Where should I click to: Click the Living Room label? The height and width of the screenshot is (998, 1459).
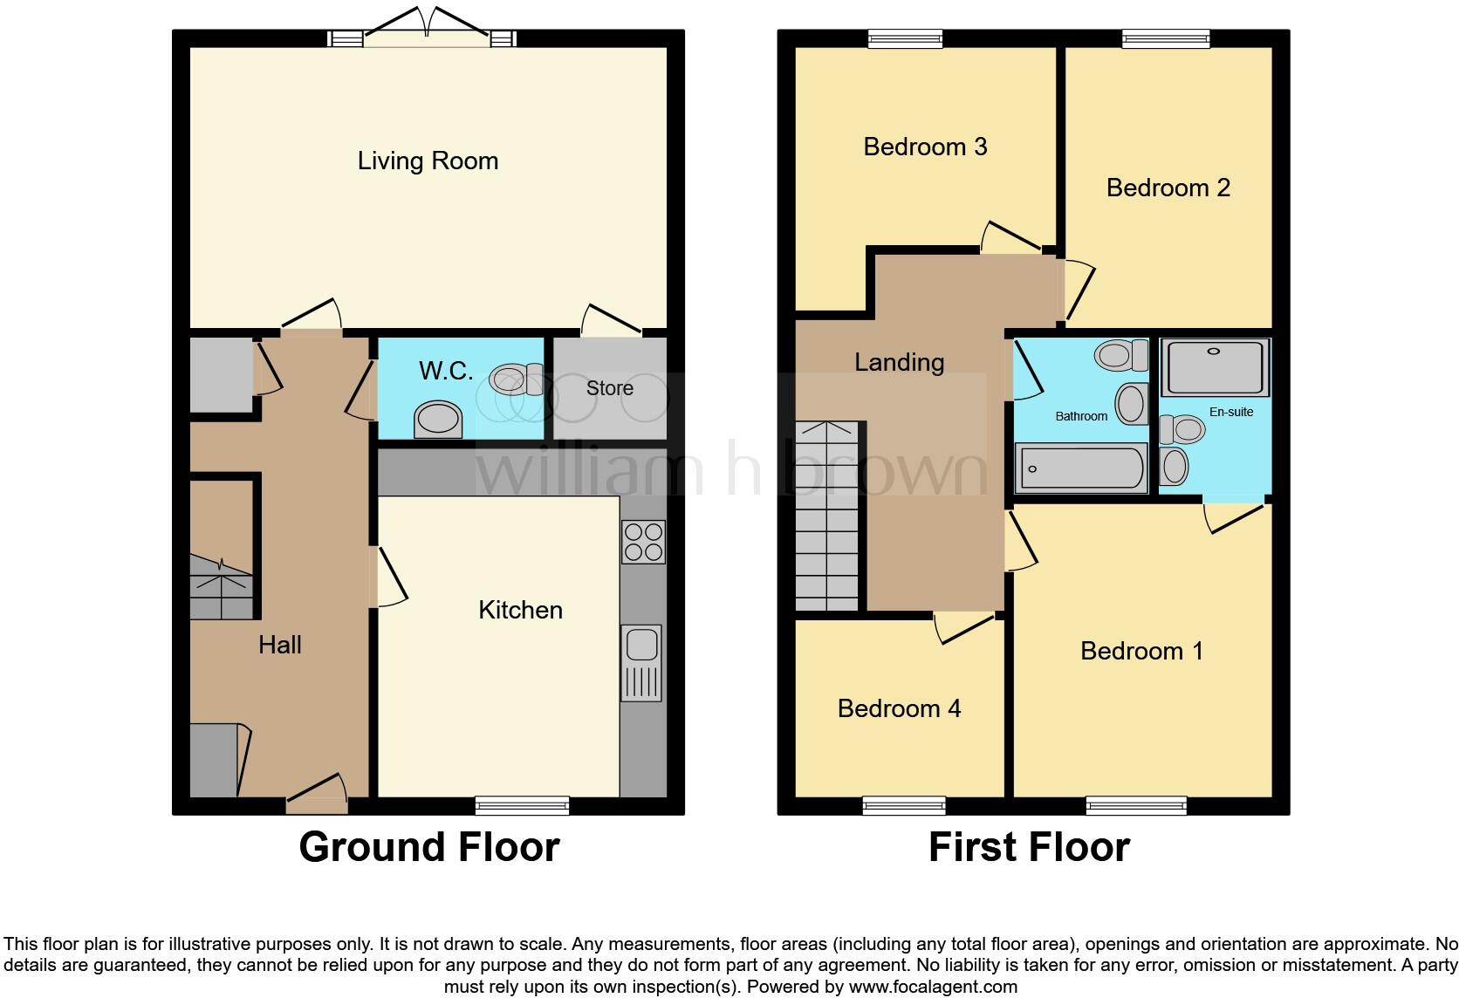(428, 161)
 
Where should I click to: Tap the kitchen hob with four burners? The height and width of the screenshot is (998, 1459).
(643, 542)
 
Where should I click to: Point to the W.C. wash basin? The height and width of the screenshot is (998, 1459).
(438, 420)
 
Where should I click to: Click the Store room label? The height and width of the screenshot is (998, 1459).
(609, 388)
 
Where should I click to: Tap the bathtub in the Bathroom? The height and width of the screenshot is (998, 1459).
(1080, 468)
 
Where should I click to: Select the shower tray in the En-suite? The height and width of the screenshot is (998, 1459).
(1215, 367)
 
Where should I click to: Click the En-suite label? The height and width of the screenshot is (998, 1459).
(1230, 412)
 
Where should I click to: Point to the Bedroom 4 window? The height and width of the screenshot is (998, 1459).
(904, 805)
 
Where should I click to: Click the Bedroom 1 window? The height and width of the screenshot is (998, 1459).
(1136, 805)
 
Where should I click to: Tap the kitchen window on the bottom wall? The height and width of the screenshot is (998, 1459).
(522, 805)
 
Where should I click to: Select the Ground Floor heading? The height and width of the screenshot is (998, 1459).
(428, 847)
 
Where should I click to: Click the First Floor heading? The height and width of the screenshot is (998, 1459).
(1029, 847)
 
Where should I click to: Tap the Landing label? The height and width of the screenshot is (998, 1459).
(899, 362)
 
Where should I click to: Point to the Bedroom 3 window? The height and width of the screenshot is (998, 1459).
(905, 38)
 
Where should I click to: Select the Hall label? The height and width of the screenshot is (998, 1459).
(279, 645)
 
